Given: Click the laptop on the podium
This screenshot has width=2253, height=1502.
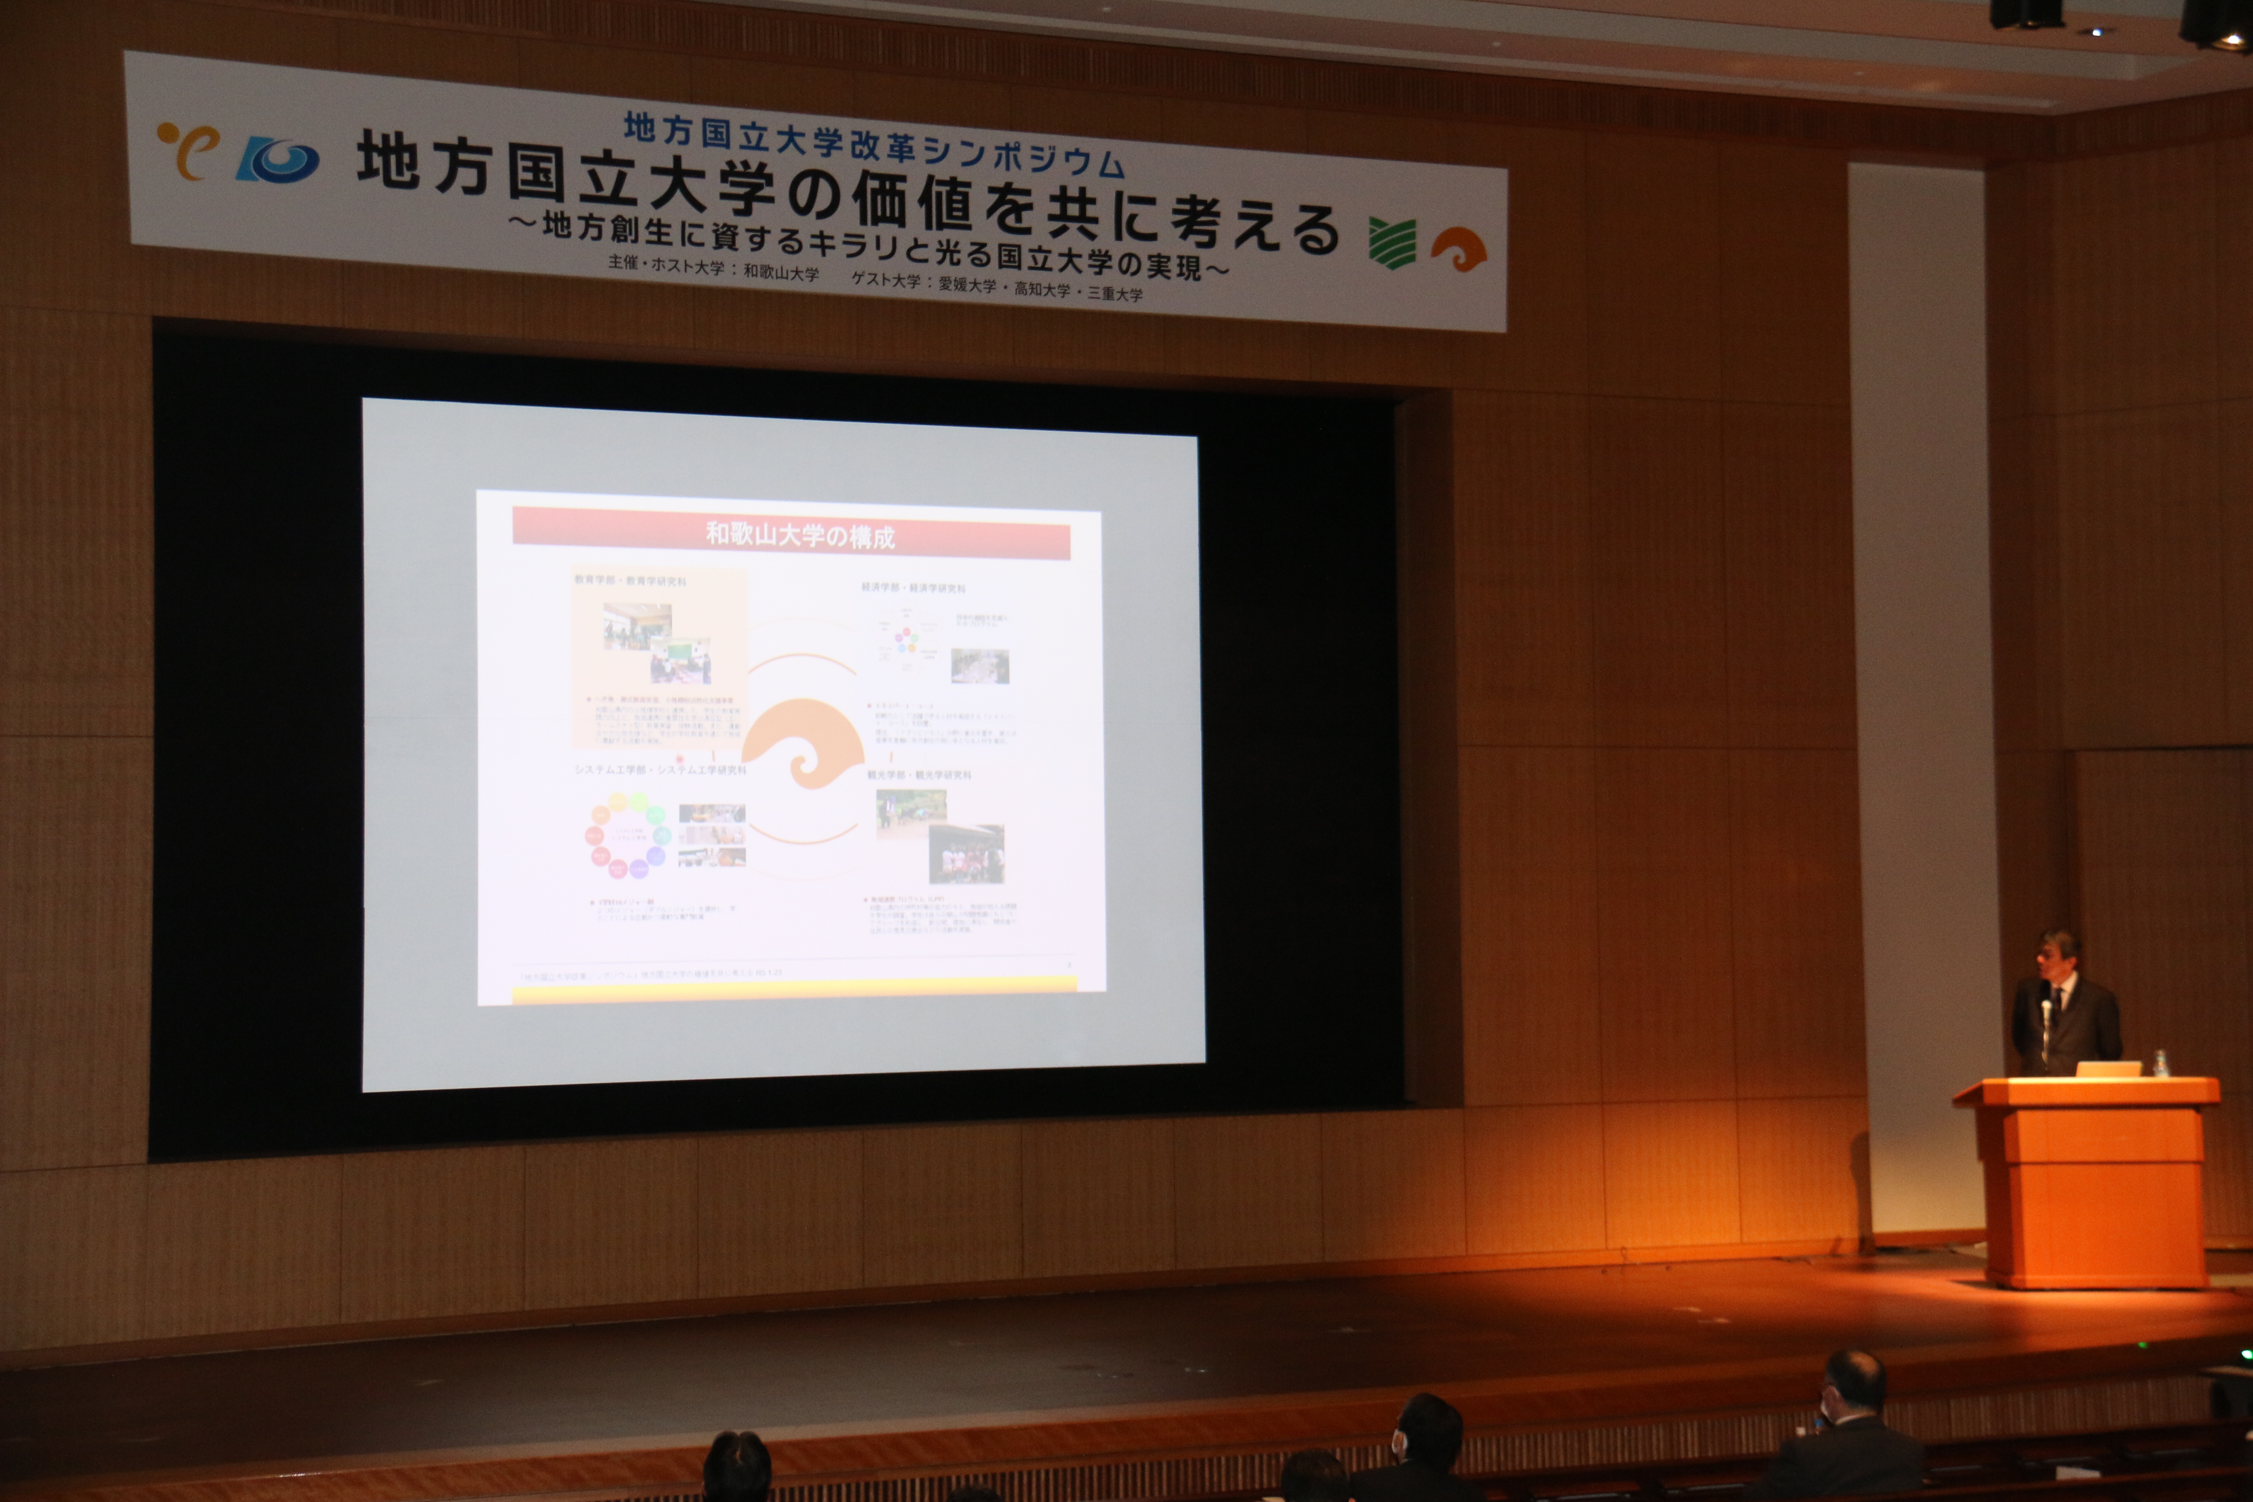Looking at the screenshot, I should (2107, 1068).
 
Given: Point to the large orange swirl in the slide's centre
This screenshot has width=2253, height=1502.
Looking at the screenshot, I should (803, 742).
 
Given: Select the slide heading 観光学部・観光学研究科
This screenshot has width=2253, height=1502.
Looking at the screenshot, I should (919, 774).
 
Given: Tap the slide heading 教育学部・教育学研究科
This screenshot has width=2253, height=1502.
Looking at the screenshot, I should (630, 581).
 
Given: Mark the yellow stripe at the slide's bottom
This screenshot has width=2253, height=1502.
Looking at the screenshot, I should (795, 989).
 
